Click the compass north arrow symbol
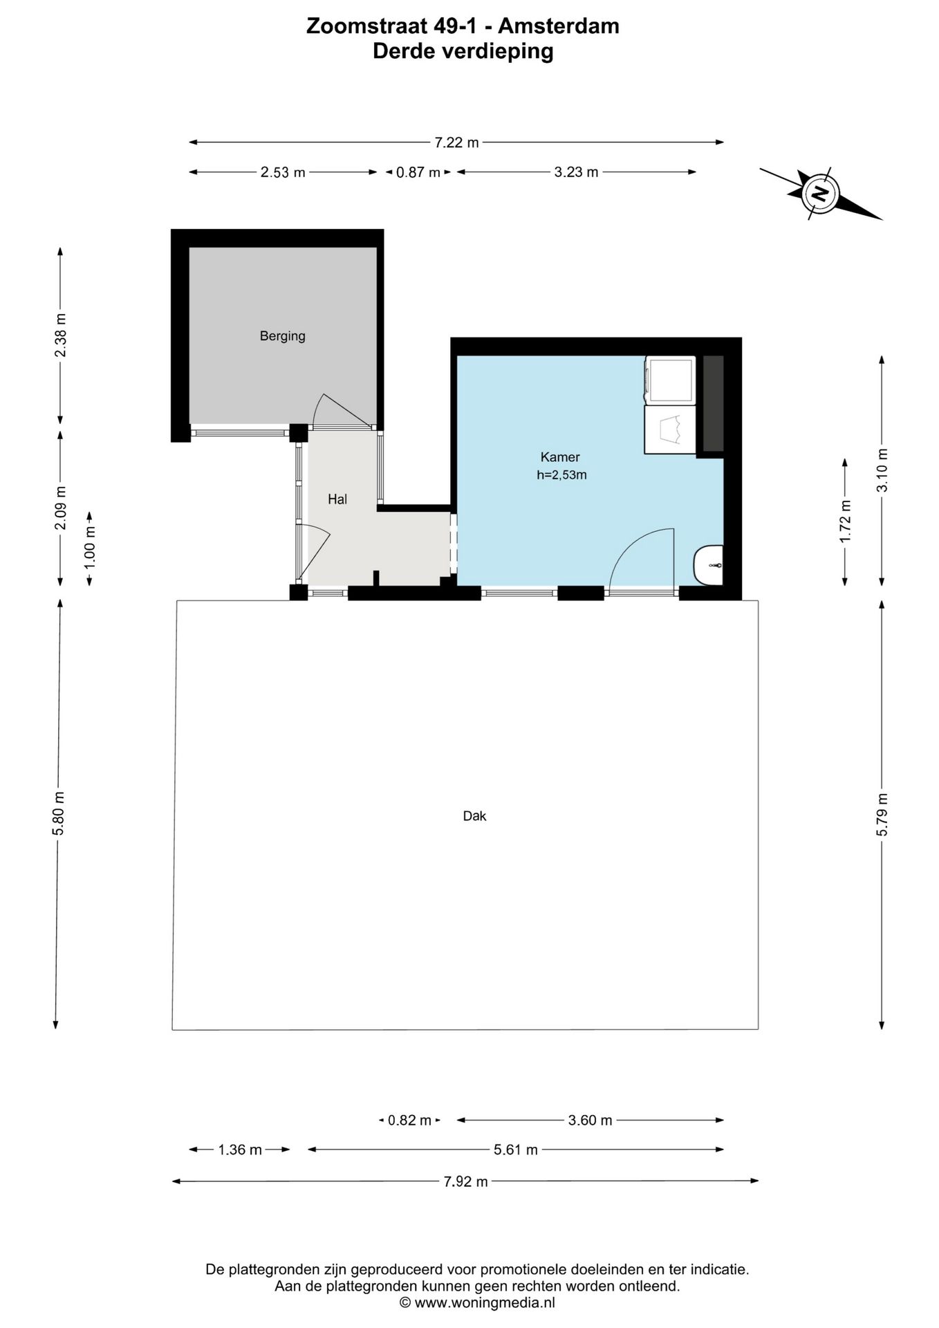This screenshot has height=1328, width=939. [x=821, y=193]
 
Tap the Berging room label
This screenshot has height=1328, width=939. [x=282, y=336]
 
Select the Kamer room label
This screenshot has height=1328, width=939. [x=560, y=456]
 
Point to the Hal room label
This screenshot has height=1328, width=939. [x=337, y=499]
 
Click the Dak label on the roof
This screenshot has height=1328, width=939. [x=474, y=816]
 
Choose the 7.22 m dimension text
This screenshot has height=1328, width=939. [x=456, y=142]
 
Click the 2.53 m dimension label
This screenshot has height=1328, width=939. [x=283, y=172]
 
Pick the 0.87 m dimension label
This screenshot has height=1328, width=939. [x=418, y=172]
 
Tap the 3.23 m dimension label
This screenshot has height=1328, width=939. [x=576, y=172]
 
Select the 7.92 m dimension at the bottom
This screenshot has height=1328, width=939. [x=465, y=1181]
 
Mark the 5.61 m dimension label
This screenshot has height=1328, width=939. [x=515, y=1150]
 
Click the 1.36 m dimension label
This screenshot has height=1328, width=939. [x=240, y=1150]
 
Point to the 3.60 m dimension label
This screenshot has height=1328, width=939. [x=590, y=1120]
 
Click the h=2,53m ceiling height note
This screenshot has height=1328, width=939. [x=561, y=475]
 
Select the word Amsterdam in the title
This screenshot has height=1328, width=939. [x=559, y=26]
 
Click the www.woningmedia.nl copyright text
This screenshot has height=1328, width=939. [x=477, y=1302]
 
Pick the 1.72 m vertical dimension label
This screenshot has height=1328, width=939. [x=845, y=522]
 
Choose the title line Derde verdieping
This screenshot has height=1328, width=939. [x=463, y=51]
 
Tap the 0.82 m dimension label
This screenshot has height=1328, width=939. [x=409, y=1120]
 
